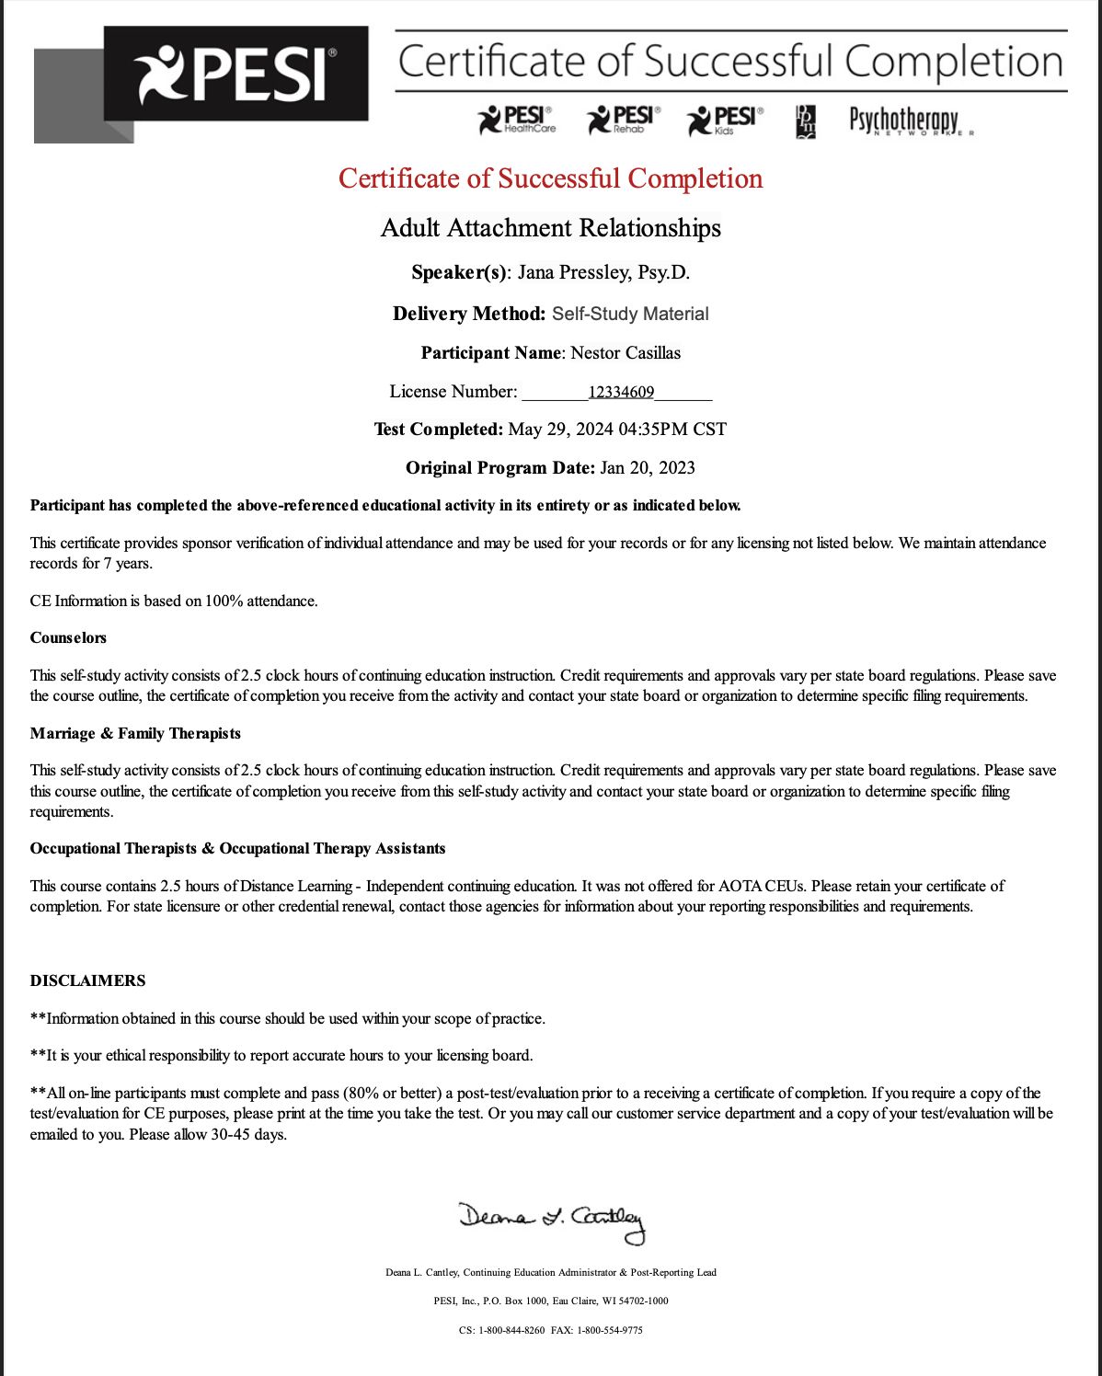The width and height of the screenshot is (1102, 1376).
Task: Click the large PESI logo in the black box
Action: point(235,75)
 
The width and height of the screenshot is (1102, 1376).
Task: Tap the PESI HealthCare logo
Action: point(517,120)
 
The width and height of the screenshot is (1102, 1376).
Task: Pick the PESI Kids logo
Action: point(726,120)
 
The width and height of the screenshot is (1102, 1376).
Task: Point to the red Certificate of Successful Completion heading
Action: point(550,178)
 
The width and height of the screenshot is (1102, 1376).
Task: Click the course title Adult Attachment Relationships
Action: point(550,228)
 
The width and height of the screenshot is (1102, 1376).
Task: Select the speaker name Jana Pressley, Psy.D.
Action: point(603,272)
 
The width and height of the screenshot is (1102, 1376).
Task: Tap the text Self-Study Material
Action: point(630,314)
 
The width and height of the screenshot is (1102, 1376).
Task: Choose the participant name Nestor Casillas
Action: point(626,353)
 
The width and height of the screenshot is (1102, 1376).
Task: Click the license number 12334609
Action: point(621,393)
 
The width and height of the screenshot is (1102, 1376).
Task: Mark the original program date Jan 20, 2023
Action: point(648,468)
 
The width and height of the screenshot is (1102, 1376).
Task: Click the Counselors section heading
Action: point(68,637)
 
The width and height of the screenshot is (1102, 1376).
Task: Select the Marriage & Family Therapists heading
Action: point(135,733)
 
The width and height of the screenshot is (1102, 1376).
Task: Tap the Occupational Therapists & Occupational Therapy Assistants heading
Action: point(237,848)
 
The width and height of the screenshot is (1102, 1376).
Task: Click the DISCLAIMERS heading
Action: point(87,980)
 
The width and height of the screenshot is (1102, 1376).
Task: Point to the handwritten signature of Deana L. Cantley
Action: point(552,1221)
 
